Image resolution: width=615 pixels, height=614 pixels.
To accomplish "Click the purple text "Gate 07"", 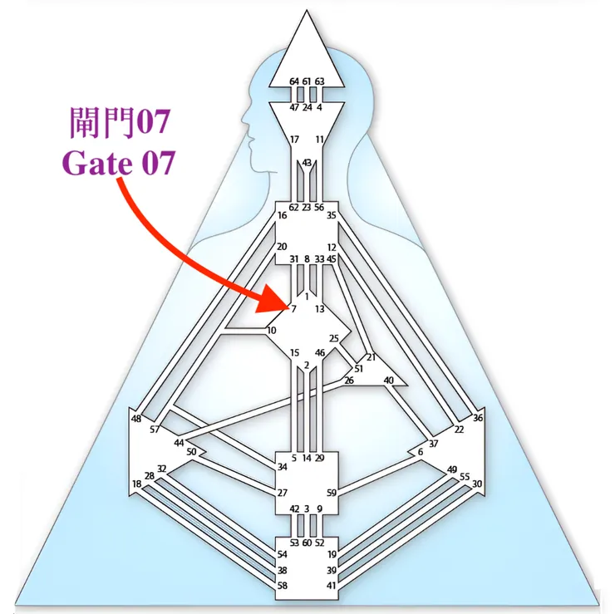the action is (118, 162).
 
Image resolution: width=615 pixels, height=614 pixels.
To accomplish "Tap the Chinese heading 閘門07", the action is (120, 122).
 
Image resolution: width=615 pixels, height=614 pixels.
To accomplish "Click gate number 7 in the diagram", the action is (293, 309).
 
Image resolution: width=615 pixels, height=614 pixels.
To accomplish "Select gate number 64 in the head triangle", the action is (294, 81).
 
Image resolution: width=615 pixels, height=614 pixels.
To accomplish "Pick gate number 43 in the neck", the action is (307, 162).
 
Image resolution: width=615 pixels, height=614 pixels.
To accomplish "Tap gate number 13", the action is (320, 309).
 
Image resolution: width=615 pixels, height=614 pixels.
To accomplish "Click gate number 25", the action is (334, 338).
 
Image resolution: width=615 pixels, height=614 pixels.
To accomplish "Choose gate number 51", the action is (358, 369).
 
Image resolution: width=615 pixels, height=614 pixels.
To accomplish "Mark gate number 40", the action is (388, 380).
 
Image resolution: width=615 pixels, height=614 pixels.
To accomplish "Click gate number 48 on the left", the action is (135, 419).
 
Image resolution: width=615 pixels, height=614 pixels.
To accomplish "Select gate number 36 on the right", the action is (477, 418).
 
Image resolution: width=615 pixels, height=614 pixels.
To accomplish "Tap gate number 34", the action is (282, 467).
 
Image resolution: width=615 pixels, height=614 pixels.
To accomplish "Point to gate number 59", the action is (332, 493).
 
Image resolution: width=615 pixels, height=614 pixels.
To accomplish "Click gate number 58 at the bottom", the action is (282, 586).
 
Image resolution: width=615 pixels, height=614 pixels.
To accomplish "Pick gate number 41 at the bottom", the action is (332, 586).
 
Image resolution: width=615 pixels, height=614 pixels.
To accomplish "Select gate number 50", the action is (191, 452).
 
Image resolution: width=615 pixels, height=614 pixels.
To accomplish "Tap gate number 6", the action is (421, 452).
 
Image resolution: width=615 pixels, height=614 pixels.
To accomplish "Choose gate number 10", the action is (272, 330).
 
